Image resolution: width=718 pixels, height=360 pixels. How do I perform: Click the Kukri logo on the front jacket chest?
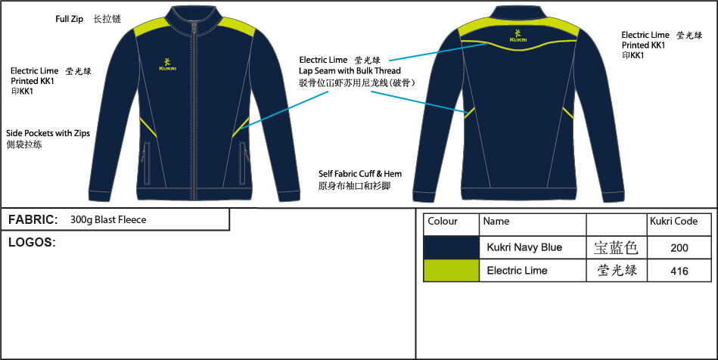(x=167, y=64)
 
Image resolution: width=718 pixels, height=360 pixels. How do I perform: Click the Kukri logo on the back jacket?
(x=518, y=35)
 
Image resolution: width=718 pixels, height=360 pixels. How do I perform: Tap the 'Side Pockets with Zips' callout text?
(x=48, y=133)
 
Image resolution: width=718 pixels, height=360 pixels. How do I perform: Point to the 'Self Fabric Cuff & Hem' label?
(x=360, y=174)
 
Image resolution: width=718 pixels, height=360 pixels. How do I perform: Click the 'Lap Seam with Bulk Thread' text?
(x=350, y=70)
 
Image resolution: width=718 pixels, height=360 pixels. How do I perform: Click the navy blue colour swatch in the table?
(x=451, y=247)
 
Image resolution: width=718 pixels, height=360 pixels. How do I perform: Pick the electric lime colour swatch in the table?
(x=451, y=270)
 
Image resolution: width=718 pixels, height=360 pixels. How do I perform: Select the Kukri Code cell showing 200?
(x=679, y=247)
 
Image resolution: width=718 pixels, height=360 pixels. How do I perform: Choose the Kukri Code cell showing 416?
(x=679, y=271)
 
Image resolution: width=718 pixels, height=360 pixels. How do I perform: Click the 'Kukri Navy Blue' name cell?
(x=524, y=247)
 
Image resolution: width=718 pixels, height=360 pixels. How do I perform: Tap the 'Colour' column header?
(x=443, y=222)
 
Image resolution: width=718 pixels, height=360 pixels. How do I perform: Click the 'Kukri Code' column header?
(x=673, y=222)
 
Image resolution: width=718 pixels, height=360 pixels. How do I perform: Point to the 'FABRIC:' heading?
(x=33, y=220)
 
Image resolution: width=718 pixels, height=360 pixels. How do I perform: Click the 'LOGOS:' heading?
(x=31, y=243)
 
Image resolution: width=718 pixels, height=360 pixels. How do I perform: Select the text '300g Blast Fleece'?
(x=107, y=220)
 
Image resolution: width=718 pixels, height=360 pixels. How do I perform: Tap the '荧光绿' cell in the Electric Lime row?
(x=616, y=270)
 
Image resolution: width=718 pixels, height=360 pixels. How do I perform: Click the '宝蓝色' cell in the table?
(x=616, y=247)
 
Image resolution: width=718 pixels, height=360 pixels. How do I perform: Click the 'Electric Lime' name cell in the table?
(x=517, y=270)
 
